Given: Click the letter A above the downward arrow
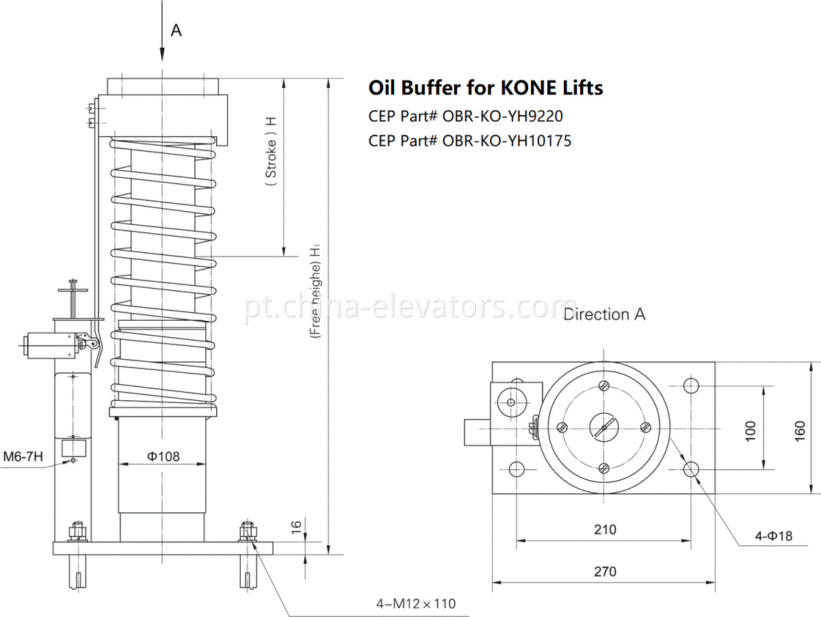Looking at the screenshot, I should [x=176, y=31].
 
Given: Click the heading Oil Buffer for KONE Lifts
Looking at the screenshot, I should [x=486, y=88].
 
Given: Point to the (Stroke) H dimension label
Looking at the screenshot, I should [x=271, y=157].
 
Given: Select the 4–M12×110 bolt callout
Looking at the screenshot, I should [x=415, y=603].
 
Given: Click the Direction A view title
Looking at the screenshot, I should [x=604, y=315].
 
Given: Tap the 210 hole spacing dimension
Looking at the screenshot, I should [x=605, y=529].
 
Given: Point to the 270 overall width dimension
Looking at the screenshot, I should [x=605, y=572].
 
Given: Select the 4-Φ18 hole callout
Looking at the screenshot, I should [x=773, y=536].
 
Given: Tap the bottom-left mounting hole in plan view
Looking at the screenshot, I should [x=516, y=469].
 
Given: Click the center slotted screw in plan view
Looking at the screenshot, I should [x=603, y=428].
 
